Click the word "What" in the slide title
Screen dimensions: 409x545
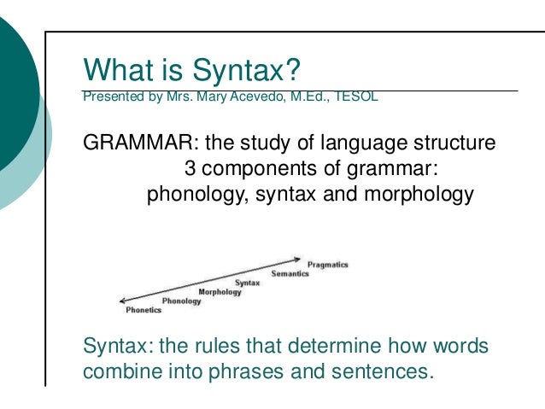click(x=112, y=67)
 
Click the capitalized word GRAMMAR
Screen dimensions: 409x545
click(x=133, y=142)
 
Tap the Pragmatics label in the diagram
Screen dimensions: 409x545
click(x=328, y=265)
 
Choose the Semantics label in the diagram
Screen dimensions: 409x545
click(x=290, y=273)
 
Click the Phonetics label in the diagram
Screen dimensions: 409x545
click(x=144, y=310)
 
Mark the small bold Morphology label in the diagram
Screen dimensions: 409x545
click(x=220, y=292)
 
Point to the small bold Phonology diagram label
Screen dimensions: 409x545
click(x=181, y=301)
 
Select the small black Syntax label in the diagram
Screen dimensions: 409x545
click(x=248, y=283)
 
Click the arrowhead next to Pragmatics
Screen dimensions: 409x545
click(x=298, y=259)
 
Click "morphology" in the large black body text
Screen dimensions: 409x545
click(x=419, y=193)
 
